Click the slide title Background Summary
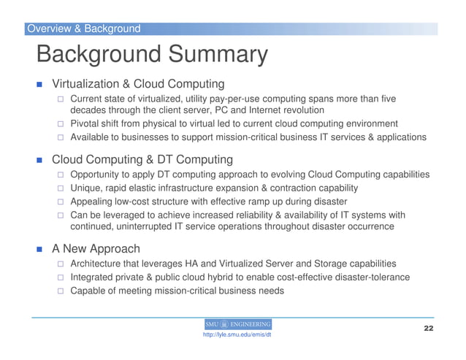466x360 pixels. (x=152, y=55)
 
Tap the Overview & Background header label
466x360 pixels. (x=83, y=29)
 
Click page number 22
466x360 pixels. (x=429, y=328)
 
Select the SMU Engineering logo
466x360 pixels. (x=237, y=323)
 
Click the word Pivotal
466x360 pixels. (x=87, y=123)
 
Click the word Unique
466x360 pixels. (x=86, y=188)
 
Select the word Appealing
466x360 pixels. (x=93, y=202)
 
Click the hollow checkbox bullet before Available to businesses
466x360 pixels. (x=62, y=137)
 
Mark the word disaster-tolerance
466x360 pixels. (x=376, y=277)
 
